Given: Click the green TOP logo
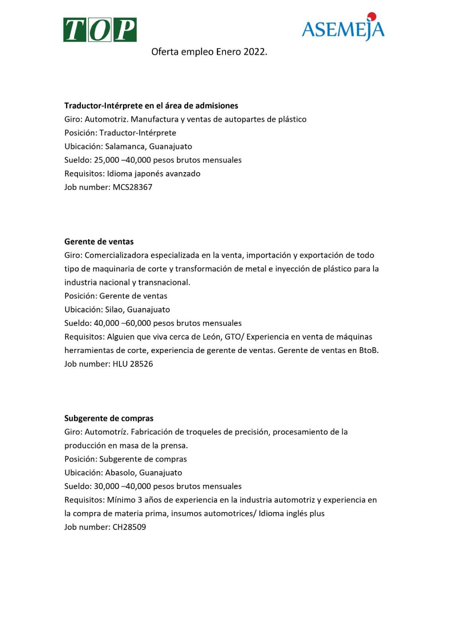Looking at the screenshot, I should click(100, 30).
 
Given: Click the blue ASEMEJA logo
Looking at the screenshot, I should click(343, 29).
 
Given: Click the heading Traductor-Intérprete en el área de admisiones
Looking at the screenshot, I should click(151, 106).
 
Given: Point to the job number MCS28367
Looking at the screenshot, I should click(132, 187).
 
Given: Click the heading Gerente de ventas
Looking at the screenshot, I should click(99, 242).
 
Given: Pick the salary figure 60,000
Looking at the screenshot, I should click(138, 323).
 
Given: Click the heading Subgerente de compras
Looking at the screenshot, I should click(109, 418).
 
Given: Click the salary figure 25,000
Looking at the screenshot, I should click(107, 160).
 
